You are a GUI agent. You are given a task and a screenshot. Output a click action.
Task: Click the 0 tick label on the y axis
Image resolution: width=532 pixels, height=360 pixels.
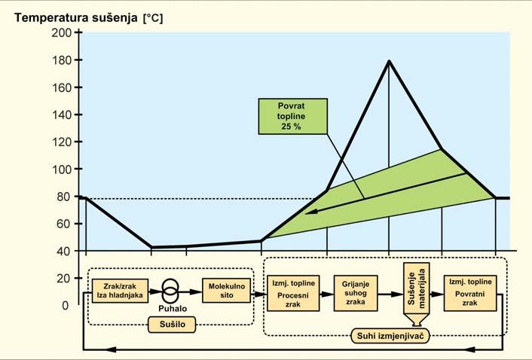click(66, 305)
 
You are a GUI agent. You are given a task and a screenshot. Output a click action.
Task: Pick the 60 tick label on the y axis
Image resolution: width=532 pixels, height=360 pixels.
click(63, 224)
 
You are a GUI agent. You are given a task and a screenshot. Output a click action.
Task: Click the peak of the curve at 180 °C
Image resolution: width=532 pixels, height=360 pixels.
click(389, 61)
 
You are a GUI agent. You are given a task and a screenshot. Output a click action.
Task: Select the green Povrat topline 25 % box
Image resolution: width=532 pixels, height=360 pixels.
click(292, 117)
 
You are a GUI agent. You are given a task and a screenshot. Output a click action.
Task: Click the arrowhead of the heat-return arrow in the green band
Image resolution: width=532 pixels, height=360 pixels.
click(308, 212)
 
